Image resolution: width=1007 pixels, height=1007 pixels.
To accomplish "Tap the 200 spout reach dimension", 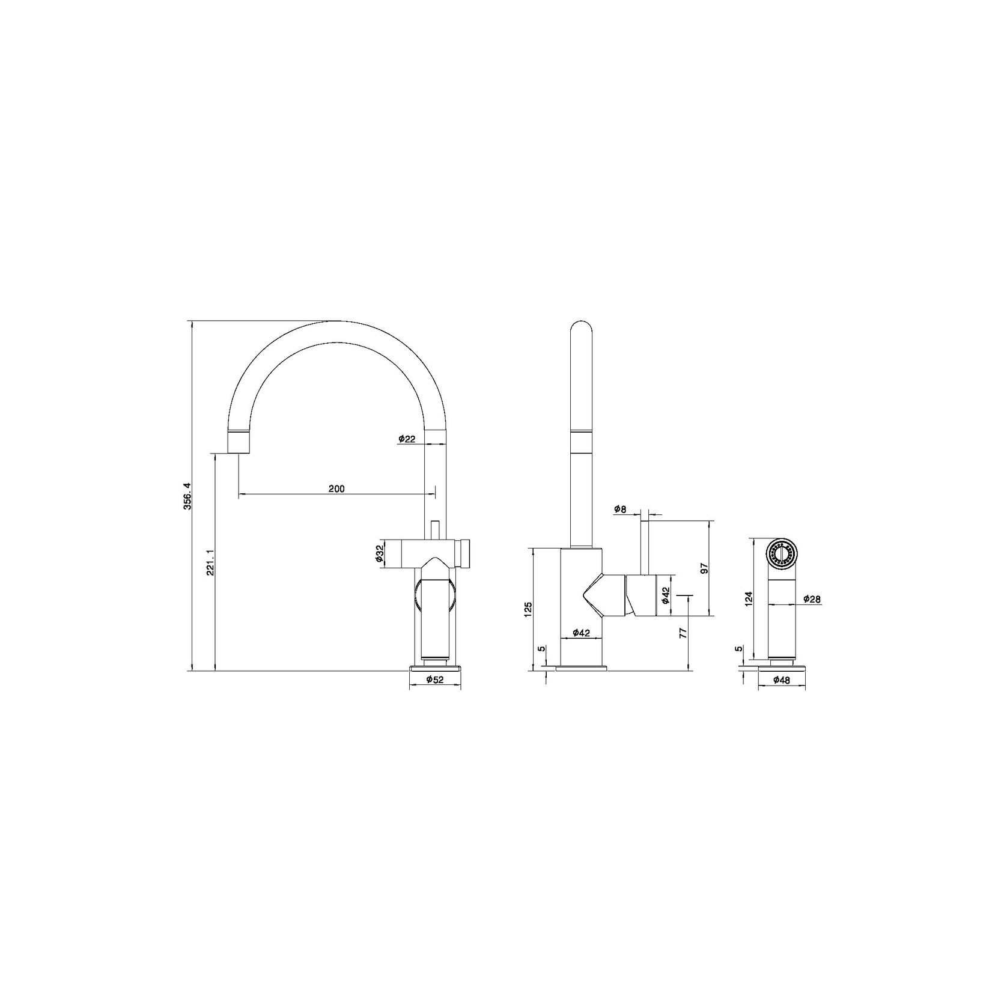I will [x=336, y=488].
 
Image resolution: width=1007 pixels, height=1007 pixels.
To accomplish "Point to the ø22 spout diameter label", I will [x=407, y=439].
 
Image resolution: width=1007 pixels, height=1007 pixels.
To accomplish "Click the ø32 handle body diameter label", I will [x=380, y=554].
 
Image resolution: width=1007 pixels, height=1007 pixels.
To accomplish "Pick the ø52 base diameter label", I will [x=435, y=680].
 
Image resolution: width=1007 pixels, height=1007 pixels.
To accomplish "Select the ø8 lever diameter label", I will [x=620, y=510].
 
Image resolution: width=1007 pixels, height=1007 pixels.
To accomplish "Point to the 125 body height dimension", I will [x=528, y=609].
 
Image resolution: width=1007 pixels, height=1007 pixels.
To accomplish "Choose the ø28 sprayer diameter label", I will [x=812, y=599].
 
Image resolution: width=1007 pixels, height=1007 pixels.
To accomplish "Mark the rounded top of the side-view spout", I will [x=580, y=327].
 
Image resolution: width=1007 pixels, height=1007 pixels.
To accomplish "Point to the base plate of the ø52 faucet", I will [x=435, y=666].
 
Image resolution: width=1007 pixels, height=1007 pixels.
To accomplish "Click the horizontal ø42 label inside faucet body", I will [x=580, y=632].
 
